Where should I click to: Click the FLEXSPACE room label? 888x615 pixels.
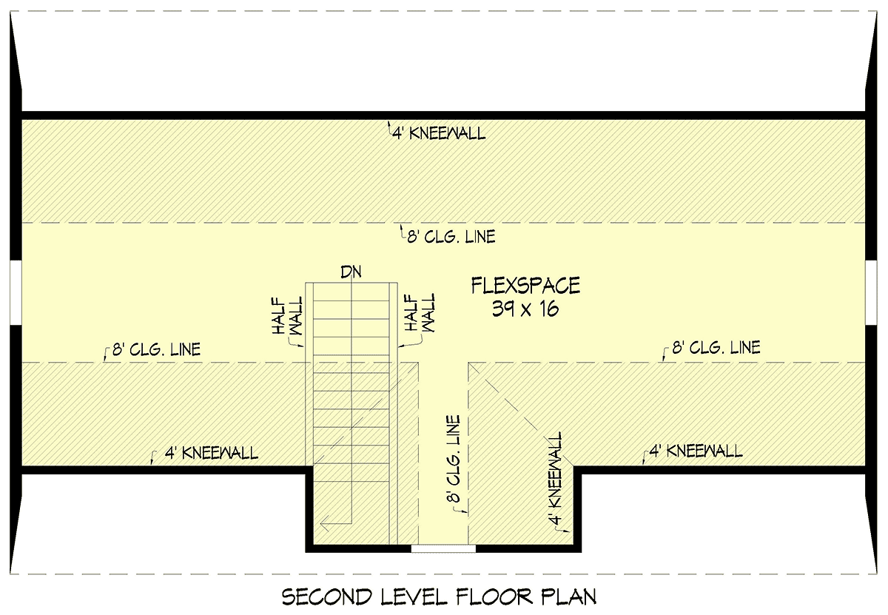click(525, 286)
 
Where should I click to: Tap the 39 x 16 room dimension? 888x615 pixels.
click(525, 309)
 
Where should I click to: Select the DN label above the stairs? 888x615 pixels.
click(351, 272)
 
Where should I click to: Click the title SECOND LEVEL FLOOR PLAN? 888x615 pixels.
click(439, 596)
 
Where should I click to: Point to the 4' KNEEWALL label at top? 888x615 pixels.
click(439, 134)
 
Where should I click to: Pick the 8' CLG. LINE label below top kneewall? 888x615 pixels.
click(451, 237)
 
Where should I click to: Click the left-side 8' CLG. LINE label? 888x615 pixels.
click(157, 349)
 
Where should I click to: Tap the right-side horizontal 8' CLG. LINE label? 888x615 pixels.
click(716, 347)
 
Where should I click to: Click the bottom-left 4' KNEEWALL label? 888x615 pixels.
click(212, 453)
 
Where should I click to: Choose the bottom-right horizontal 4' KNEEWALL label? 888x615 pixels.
click(696, 451)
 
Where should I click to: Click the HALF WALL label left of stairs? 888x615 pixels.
click(287, 315)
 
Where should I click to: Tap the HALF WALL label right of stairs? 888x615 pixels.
click(420, 312)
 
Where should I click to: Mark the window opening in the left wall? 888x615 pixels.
click(16, 292)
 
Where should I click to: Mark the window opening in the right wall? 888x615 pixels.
click(872, 292)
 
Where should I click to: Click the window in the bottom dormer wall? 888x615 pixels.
click(443, 548)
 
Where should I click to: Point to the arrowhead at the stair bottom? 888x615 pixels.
click(324, 525)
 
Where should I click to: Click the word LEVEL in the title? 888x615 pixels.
click(414, 596)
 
